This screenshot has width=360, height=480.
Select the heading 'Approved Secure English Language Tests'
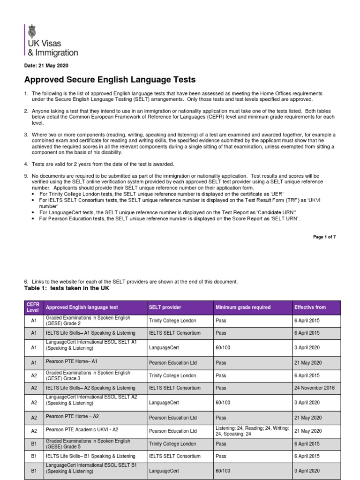pos(110,80)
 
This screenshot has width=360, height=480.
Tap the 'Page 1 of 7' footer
pos(324,237)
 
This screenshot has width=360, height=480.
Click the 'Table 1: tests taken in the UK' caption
pos(66,288)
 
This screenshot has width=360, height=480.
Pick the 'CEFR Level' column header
pos(33,307)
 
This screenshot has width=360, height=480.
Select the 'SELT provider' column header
pos(165,307)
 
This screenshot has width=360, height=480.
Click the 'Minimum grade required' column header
pos(243,307)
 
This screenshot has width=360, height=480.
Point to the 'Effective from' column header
pos(310,307)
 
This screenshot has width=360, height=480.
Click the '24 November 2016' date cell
pos(314,388)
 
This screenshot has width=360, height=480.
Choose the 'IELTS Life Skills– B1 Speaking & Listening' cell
pos(90,456)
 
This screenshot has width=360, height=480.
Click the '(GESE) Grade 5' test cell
pos(88,443)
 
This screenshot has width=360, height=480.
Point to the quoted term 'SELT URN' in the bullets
pos(285,218)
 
